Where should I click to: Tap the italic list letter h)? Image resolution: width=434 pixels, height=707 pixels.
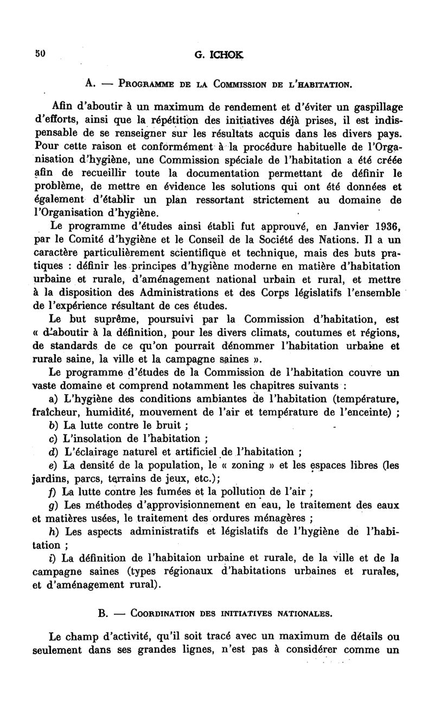(53, 531)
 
